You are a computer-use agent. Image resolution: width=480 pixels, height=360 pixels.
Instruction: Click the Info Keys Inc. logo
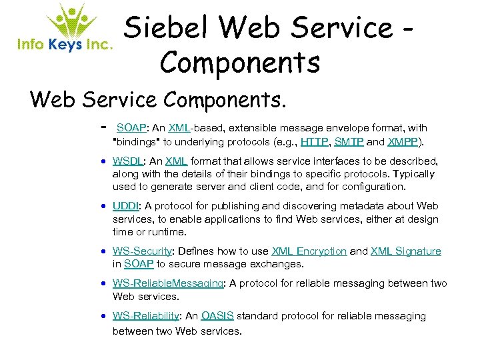click(x=64, y=29)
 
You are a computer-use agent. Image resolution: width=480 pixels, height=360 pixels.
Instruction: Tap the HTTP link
click(x=313, y=142)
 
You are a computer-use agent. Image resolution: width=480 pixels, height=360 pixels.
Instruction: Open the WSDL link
click(x=127, y=161)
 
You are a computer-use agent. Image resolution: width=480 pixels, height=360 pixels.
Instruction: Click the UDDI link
click(x=126, y=207)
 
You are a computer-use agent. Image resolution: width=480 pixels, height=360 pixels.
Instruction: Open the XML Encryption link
click(x=309, y=251)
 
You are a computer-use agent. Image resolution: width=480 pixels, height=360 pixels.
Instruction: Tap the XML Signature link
click(x=405, y=251)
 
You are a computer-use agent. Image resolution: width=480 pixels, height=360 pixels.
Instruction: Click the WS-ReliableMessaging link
click(x=168, y=283)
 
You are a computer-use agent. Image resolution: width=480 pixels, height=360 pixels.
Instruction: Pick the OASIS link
click(x=217, y=315)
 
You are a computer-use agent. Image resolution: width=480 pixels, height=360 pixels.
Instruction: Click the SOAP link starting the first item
click(x=131, y=127)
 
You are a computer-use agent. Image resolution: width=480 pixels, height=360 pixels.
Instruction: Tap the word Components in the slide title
click(x=240, y=62)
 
